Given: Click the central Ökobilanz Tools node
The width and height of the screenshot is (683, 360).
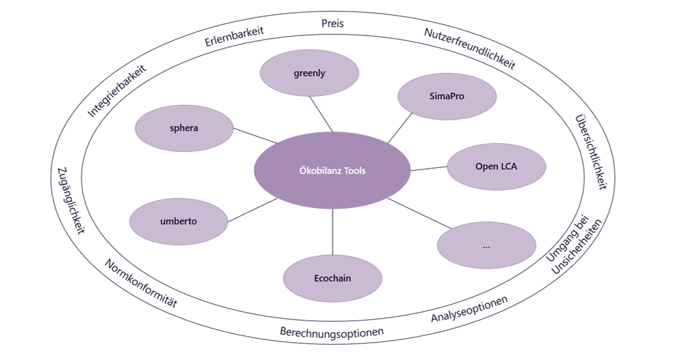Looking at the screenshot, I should (x=332, y=171).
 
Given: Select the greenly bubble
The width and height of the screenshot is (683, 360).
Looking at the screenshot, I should (x=310, y=73).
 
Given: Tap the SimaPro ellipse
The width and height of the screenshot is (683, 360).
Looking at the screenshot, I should (x=447, y=97).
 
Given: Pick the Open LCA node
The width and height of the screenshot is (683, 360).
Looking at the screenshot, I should (x=496, y=167).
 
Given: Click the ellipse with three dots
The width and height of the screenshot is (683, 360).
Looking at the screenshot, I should (x=486, y=245).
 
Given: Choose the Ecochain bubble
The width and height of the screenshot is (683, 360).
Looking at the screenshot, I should (x=333, y=279).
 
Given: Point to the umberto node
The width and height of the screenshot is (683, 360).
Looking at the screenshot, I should (x=179, y=222).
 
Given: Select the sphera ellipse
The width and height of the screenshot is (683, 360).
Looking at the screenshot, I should (x=184, y=128).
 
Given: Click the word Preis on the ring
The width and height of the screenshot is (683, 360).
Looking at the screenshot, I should (x=333, y=23).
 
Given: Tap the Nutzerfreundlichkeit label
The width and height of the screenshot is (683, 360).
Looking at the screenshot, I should (x=470, y=48).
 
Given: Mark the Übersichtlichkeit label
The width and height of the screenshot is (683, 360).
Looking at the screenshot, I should (x=591, y=152).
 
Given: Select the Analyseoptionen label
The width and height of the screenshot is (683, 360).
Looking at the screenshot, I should (x=469, y=309).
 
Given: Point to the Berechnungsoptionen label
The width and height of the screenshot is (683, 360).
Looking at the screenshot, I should (x=332, y=332).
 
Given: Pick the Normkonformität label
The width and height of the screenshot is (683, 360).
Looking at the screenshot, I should (x=140, y=284).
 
